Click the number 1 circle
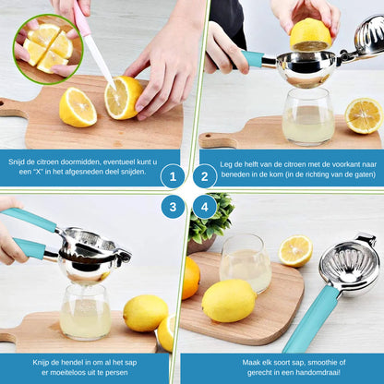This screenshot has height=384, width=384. pyautogui.click(x=173, y=176)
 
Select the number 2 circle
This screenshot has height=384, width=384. pyautogui.click(x=205, y=176)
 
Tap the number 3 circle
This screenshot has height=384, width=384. pyautogui.click(x=173, y=207)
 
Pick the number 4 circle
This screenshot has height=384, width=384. pyautogui.click(x=205, y=207)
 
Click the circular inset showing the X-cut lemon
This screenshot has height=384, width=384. pyautogui.click(x=47, y=47)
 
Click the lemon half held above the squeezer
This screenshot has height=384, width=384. pyautogui.click(x=310, y=34)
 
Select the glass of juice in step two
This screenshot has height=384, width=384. pyautogui.click(x=308, y=118)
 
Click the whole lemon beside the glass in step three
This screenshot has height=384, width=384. pyautogui.click(x=145, y=313)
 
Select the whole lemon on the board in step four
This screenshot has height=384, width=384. pyautogui.click(x=229, y=301)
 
